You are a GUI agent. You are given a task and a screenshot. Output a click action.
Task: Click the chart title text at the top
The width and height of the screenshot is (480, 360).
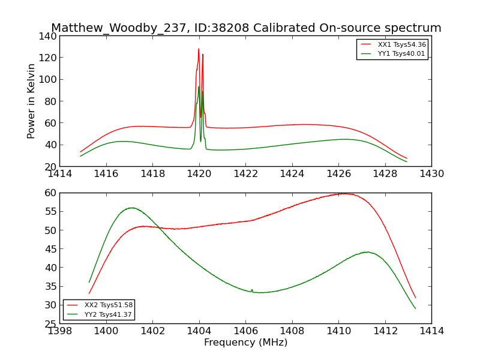[x=246, y=28]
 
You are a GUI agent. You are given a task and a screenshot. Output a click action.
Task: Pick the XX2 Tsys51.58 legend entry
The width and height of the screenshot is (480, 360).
[x=108, y=305]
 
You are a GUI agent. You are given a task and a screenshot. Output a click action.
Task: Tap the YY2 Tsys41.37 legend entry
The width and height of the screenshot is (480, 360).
[x=108, y=314]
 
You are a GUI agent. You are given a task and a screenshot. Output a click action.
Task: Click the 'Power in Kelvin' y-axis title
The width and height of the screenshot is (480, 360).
[x=31, y=101]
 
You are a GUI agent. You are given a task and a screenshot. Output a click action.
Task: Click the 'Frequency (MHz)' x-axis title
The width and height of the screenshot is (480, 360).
[x=245, y=343]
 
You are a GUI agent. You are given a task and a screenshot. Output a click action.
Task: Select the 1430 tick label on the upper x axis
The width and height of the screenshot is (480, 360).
[x=431, y=174]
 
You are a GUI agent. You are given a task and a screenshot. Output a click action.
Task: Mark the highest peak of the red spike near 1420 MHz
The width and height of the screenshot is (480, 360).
[x=199, y=49]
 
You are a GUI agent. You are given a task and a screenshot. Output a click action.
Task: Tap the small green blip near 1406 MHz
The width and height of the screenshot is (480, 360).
[x=252, y=289]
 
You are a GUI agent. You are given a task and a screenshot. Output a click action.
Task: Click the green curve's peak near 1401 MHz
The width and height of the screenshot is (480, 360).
[x=131, y=208]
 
